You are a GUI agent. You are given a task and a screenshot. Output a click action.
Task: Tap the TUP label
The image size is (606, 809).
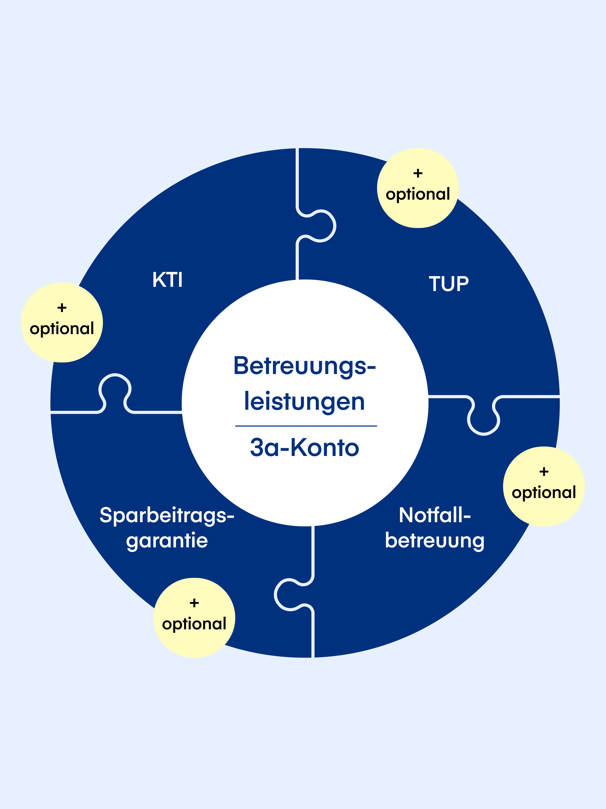tap(448, 284)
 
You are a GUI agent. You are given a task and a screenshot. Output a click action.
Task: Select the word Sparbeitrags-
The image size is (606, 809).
tap(167, 515)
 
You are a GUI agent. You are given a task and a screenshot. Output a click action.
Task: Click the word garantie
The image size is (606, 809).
tap(167, 540)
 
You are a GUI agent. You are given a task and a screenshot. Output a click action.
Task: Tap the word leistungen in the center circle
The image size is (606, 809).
tap(305, 402)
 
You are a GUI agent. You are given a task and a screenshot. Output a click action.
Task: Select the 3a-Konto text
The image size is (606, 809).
tap(305, 447)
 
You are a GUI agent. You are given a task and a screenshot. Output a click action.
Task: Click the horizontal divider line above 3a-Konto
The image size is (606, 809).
tap(306, 426)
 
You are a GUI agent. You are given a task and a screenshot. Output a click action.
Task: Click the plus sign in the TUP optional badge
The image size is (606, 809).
tap(418, 173)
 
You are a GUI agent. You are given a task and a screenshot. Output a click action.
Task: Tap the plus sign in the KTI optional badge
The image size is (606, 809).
tap(62, 308)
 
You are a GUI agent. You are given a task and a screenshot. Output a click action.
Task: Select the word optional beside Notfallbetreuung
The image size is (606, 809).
tap(544, 492)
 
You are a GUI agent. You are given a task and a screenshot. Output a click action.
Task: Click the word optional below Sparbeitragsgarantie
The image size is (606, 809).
tap(194, 624)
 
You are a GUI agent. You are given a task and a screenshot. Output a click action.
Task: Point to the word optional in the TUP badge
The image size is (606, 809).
tap(418, 194)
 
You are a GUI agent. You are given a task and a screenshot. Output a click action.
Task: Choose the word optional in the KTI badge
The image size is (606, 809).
tap(62, 328)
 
